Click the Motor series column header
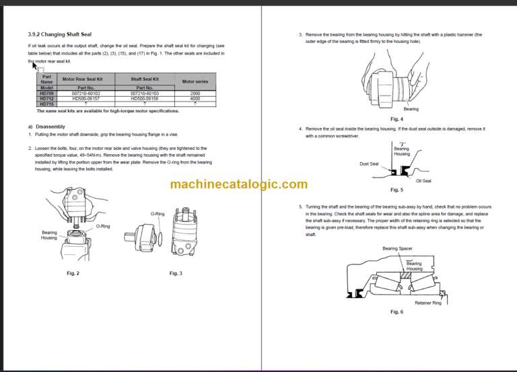click(195, 81)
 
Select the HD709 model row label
click(46, 94)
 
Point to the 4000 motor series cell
click(195, 99)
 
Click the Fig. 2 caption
click(73, 273)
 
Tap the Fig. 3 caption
click(176, 273)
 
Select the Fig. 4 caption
click(397, 119)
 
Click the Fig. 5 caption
click(397, 190)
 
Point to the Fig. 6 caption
click(397, 312)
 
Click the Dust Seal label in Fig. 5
click(368, 163)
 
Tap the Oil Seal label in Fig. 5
click(423, 180)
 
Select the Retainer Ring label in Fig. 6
click(427, 303)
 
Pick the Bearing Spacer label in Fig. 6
click(397, 248)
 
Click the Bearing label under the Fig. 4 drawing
click(411, 109)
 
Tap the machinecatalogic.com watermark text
click(239, 184)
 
